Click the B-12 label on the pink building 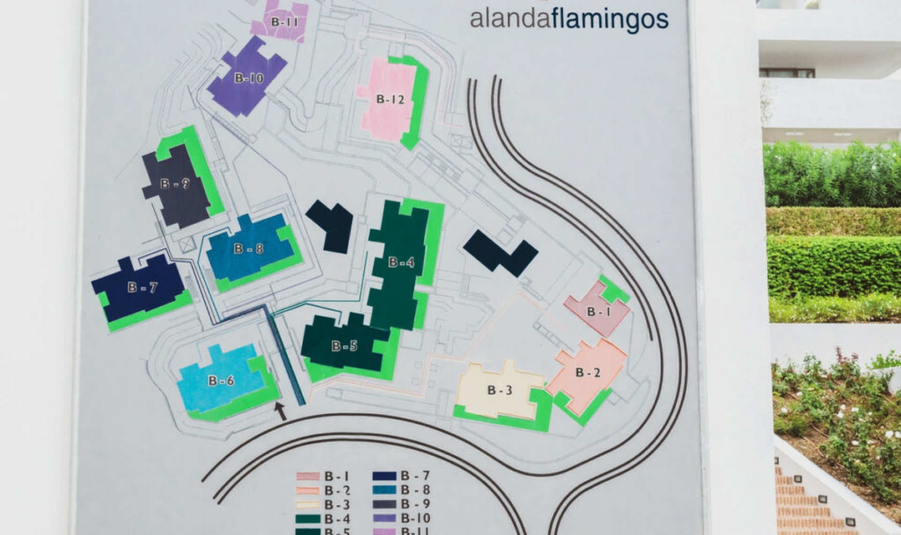click(x=390, y=99)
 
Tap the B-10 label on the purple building click(x=249, y=78)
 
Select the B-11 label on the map click(x=284, y=22)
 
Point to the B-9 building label click(x=175, y=183)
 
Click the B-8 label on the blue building click(x=248, y=248)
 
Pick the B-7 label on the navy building click(x=142, y=287)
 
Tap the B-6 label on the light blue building click(x=221, y=381)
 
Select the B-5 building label click(x=344, y=346)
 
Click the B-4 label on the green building click(x=401, y=262)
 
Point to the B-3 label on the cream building click(x=499, y=390)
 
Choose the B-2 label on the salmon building click(x=588, y=373)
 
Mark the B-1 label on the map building click(x=599, y=312)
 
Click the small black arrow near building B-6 click(x=280, y=411)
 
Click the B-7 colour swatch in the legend click(x=384, y=476)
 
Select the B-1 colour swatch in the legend click(x=308, y=476)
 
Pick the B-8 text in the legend click(x=415, y=490)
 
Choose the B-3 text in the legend click(x=337, y=505)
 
